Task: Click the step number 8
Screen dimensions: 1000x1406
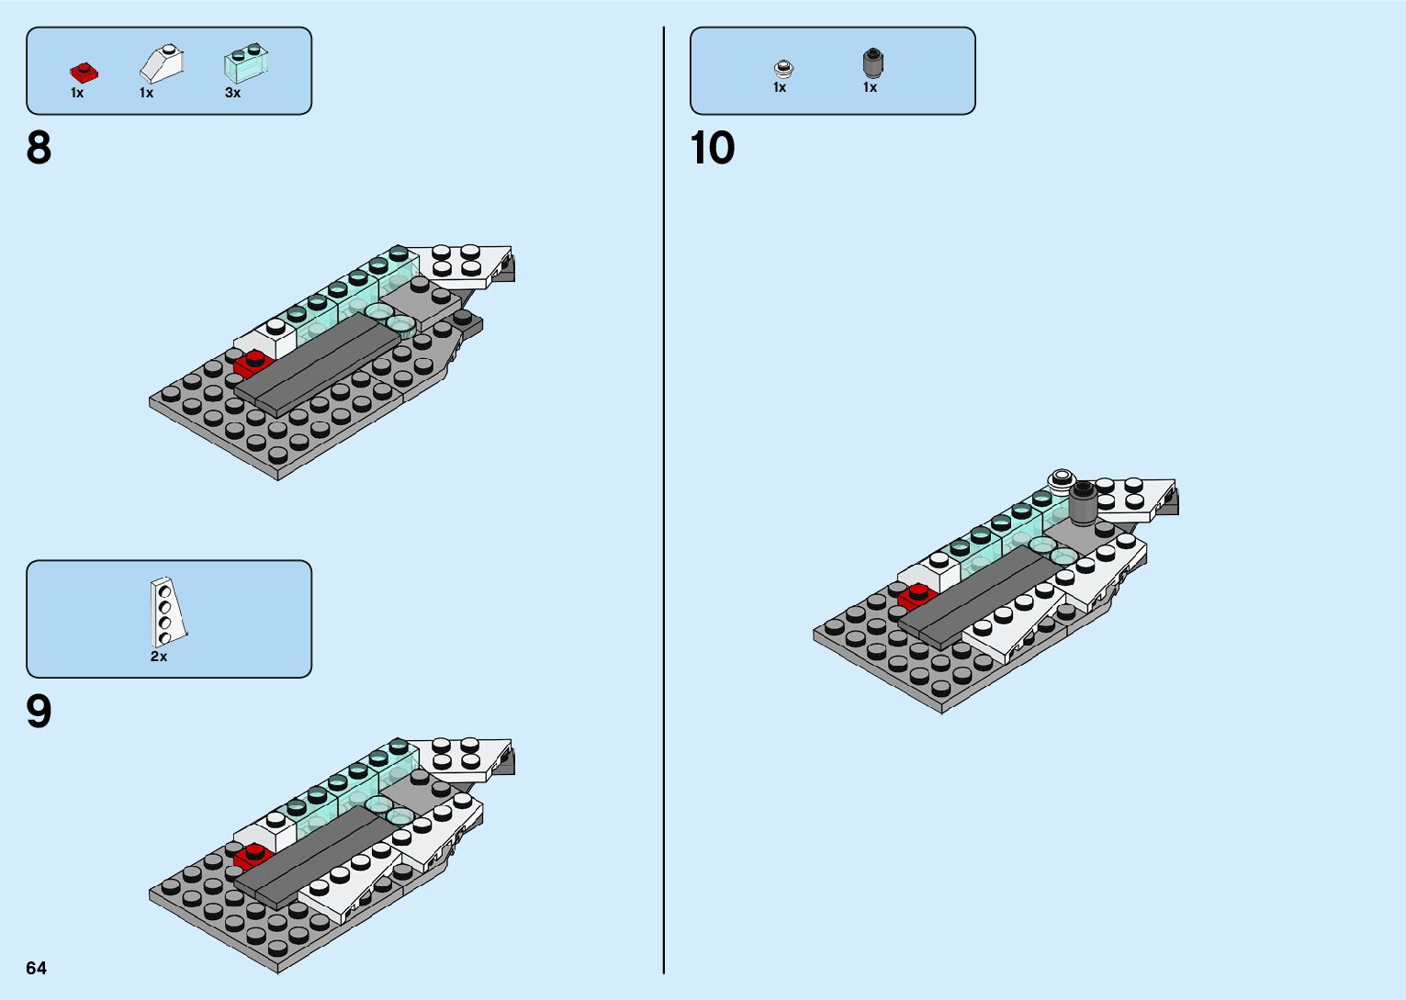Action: click(x=39, y=148)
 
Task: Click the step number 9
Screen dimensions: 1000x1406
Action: click(x=39, y=712)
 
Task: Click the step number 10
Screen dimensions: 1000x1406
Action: click(x=713, y=148)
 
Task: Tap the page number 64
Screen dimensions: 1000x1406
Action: click(x=37, y=968)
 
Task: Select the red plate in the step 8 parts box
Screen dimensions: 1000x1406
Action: click(x=83, y=72)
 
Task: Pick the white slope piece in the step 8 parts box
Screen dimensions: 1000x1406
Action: click(x=162, y=64)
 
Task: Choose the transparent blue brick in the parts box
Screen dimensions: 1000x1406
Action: click(x=245, y=63)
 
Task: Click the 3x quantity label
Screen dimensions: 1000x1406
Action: click(x=233, y=93)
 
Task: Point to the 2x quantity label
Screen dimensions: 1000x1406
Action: click(x=159, y=657)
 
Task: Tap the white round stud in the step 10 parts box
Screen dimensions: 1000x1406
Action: click(x=783, y=68)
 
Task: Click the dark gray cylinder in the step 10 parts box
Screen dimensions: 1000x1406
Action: click(x=872, y=62)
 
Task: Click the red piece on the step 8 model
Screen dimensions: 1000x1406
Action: click(x=250, y=364)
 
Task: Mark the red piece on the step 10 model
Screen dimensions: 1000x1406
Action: click(x=915, y=597)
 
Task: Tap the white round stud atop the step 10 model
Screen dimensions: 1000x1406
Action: click(x=1063, y=478)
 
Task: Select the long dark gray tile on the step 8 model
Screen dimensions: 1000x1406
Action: click(x=317, y=364)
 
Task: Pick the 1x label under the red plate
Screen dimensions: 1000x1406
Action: click(x=77, y=93)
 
